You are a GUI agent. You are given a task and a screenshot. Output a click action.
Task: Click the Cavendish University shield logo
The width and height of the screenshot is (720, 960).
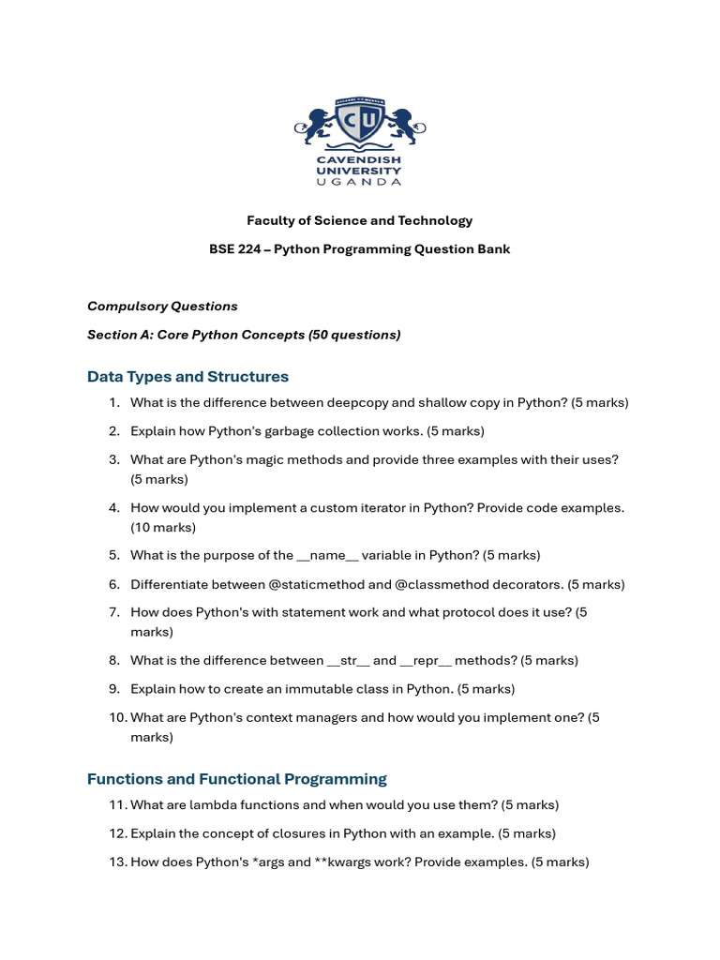(360, 124)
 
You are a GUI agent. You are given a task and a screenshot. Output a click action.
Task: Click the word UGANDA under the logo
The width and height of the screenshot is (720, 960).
(360, 182)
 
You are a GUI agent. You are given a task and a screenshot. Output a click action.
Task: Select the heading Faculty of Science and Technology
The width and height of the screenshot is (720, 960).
(360, 221)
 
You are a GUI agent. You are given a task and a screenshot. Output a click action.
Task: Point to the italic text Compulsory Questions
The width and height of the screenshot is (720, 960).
(162, 307)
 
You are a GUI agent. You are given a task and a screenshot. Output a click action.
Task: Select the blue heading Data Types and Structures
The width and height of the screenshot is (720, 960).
(187, 377)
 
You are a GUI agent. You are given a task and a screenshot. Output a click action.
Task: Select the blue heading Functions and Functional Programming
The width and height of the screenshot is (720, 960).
(237, 779)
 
